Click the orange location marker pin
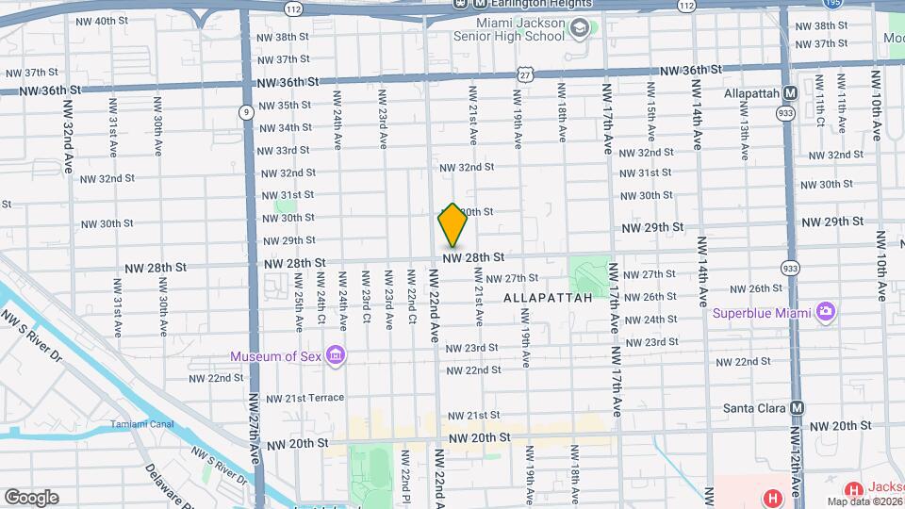pos(452,226)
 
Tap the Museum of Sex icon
pos(335,355)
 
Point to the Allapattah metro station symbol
pos(790,93)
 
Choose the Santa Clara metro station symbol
pos(798,408)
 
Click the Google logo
pos(31,497)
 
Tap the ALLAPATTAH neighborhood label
pos(548,298)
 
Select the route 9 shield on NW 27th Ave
pos(246,112)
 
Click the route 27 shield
pos(524,74)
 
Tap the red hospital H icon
pos(773,497)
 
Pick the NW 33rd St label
pos(285,150)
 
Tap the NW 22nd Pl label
pos(404,475)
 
